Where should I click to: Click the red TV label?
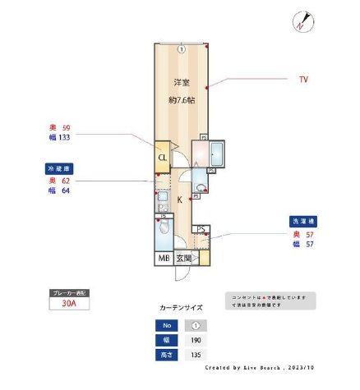(303, 80)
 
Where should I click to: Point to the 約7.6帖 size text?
(181, 100)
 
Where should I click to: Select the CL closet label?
(163, 158)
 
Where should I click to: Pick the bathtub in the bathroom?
(217, 154)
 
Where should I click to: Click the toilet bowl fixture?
(164, 227)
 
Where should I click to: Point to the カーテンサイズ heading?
(180, 308)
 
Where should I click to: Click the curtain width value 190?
(195, 340)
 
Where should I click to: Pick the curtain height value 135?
(195, 356)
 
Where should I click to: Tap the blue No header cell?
(168, 324)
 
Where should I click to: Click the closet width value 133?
(62, 138)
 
